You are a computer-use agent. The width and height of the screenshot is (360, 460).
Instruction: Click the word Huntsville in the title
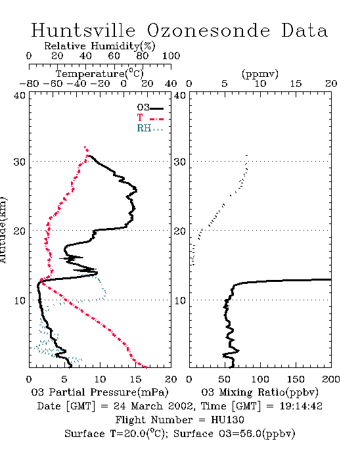[x=83, y=30]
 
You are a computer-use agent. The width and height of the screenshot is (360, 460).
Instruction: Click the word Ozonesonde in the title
[x=208, y=30]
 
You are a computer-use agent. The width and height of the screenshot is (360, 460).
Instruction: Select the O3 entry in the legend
[x=150, y=108]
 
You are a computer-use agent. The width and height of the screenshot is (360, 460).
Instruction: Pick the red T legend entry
[x=150, y=118]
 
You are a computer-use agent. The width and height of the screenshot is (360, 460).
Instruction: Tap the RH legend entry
[x=150, y=128]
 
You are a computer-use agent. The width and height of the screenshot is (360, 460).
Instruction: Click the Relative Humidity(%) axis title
[x=100, y=46]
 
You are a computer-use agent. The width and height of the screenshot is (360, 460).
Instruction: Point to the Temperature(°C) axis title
[x=100, y=74]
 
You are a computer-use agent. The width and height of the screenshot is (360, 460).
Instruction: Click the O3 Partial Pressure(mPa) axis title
[x=100, y=392]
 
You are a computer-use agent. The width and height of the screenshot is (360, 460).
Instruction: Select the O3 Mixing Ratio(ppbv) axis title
[x=259, y=392]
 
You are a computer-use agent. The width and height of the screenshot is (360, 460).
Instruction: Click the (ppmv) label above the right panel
[x=260, y=74]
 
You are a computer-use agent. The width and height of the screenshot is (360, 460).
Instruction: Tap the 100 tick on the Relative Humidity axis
[x=171, y=56]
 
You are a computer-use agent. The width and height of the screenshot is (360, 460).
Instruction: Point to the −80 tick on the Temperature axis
[x=29, y=84]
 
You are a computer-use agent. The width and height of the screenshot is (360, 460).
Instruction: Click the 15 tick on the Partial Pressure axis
[x=135, y=379]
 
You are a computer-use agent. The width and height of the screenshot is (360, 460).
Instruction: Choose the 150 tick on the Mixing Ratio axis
[x=296, y=379]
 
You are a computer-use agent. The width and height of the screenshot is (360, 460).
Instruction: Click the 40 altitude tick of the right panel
[x=180, y=95]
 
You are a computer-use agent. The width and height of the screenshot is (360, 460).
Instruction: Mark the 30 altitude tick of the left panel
[x=19, y=162]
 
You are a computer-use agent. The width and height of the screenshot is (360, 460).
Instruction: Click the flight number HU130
[x=227, y=420]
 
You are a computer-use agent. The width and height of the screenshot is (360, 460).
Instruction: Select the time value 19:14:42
[x=301, y=406]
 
